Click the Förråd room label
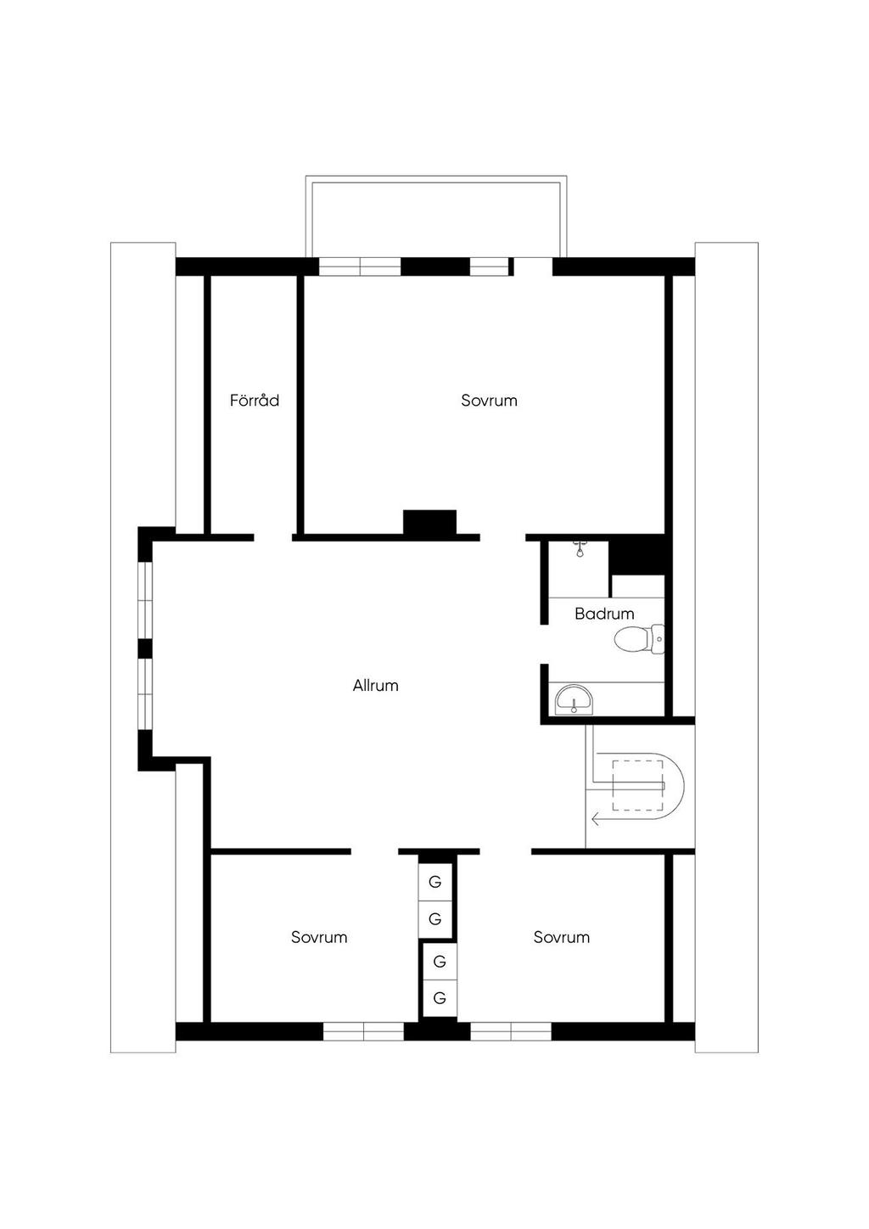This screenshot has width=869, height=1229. [255, 400]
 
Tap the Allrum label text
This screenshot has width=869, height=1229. [375, 685]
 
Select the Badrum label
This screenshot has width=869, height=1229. [604, 613]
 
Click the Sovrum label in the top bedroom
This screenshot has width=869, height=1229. [489, 400]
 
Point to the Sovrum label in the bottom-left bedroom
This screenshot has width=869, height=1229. [319, 937]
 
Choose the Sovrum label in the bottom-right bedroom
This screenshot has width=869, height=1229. [561, 937]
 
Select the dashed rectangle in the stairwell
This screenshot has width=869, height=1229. [637, 786]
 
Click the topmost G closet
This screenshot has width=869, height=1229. [435, 882]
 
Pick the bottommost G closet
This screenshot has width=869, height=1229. [440, 998]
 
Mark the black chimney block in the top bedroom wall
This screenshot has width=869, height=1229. [429, 522]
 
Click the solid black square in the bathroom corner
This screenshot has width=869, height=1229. [637, 555]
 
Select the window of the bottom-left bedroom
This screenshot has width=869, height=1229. [364, 1031]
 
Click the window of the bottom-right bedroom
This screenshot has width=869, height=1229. [511, 1031]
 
